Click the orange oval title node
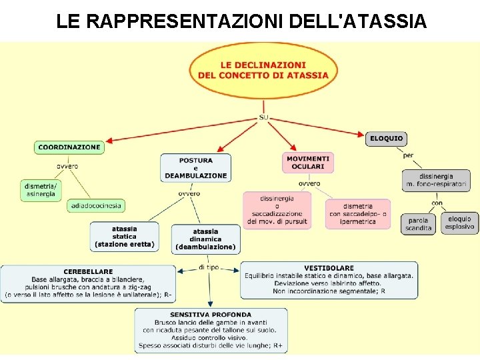(263, 70)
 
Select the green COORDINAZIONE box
(69, 147)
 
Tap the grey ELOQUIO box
(386, 139)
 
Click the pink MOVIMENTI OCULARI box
(307, 163)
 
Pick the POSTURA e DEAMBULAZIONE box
(195, 168)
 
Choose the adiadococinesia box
(95, 206)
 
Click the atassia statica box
(125, 237)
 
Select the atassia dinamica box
(205, 239)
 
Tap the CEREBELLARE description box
(88, 283)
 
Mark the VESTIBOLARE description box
(329, 279)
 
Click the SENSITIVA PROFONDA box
(211, 330)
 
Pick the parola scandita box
(419, 224)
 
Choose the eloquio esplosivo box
(459, 223)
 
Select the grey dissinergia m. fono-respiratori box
(436, 180)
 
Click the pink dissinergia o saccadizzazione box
(277, 210)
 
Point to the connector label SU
(263, 117)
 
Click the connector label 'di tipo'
(209, 267)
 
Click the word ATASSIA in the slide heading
(383, 21)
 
